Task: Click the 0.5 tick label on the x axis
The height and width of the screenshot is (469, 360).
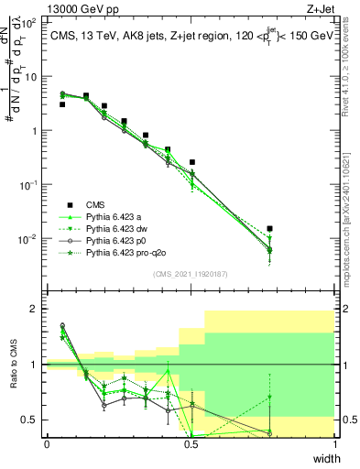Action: [x=191, y=444]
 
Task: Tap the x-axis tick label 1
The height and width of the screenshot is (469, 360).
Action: [x=335, y=444]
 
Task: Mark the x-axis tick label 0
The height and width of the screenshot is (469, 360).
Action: [x=47, y=444]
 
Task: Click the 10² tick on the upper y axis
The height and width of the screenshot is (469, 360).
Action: [x=29, y=22]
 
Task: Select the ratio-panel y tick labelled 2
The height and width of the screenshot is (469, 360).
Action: [x=35, y=310]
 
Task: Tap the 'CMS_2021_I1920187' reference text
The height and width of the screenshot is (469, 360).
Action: [x=191, y=274]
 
